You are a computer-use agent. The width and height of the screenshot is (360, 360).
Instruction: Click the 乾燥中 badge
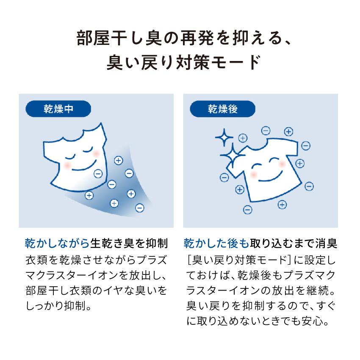point(58,109)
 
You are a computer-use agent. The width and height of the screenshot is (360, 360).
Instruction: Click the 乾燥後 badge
point(222,109)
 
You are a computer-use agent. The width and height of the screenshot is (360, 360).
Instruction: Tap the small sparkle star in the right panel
point(222,138)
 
